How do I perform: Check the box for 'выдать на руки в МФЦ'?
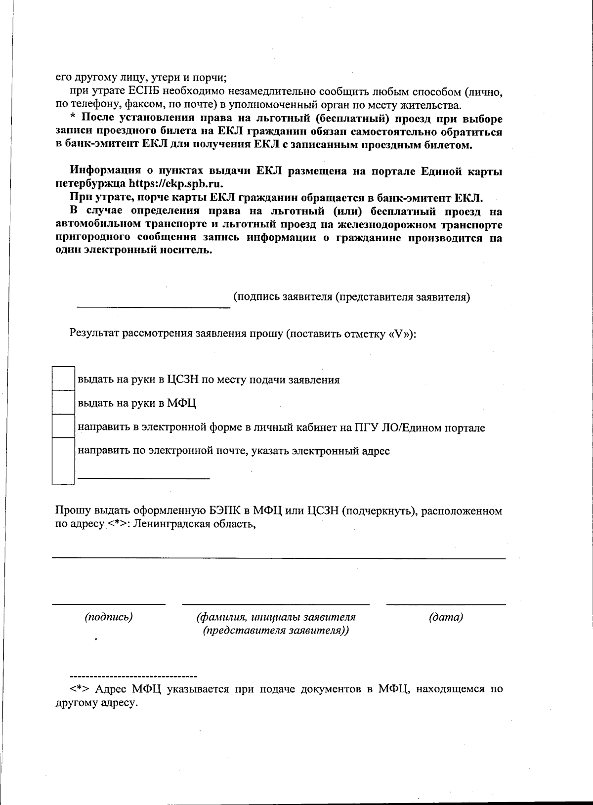pyautogui.click(x=63, y=402)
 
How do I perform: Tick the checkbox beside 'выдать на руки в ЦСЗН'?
pyautogui.click(x=63, y=379)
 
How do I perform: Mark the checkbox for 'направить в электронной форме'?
pyautogui.click(x=63, y=426)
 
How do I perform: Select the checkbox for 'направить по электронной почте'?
pyautogui.click(x=63, y=461)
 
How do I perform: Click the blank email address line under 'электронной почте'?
pyautogui.click(x=144, y=478)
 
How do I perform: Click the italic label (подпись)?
pyautogui.click(x=109, y=617)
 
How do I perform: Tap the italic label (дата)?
pyautogui.click(x=446, y=617)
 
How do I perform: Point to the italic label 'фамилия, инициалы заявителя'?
pyautogui.click(x=276, y=617)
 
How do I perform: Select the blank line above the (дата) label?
pyautogui.click(x=446, y=604)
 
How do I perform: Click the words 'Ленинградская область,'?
pyautogui.click(x=195, y=524)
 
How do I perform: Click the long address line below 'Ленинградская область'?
pyautogui.click(x=279, y=558)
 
